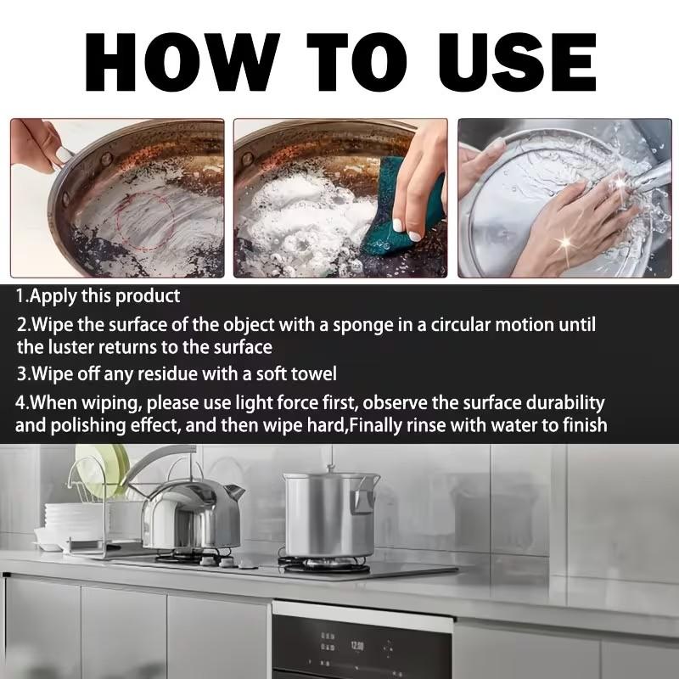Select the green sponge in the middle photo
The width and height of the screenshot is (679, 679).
tap(395, 224)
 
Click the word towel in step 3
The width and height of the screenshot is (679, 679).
tap(314, 373)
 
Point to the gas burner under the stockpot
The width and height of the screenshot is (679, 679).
tap(327, 564)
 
